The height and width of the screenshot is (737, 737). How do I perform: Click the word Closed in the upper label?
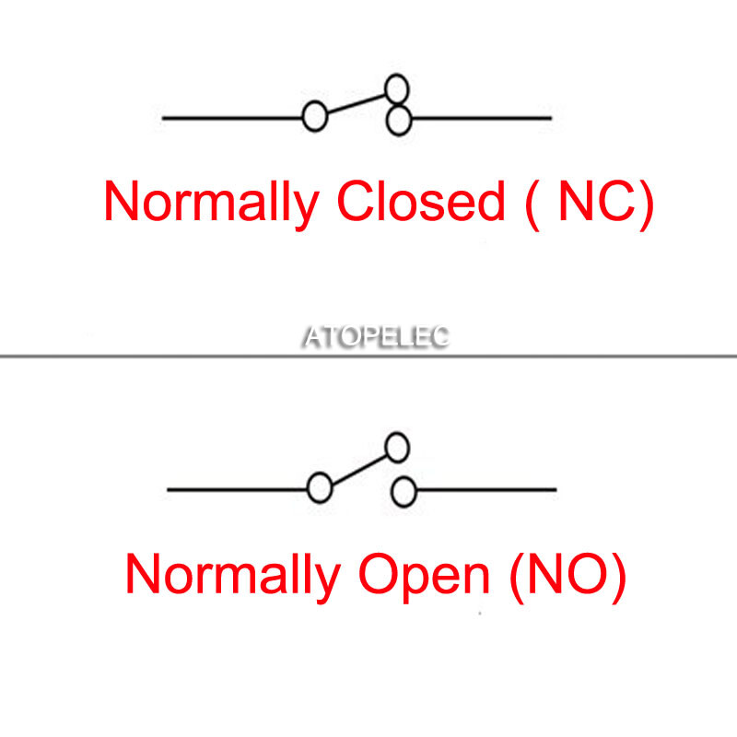421,200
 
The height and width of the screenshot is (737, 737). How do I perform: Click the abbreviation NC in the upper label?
597,201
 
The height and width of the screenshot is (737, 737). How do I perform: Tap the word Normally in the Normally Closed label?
212,205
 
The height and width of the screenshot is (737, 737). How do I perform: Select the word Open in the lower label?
425,577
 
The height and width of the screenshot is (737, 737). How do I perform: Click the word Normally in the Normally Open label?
233,578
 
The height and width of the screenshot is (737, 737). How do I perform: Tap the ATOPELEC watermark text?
376,336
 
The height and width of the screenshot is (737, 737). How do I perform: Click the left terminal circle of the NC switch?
315,116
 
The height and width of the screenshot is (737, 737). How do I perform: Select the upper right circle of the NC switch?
397,89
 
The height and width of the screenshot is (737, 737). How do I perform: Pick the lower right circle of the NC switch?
399,121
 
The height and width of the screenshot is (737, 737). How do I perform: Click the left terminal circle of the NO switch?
320,488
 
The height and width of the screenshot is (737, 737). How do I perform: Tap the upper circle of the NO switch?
397,448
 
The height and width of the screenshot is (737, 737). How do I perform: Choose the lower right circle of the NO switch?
404,492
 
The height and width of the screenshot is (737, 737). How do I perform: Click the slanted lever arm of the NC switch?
357,104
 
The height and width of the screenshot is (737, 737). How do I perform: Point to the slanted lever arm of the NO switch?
359,470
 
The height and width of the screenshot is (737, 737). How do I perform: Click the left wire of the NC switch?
232,118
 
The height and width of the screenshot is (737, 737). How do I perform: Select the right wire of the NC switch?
481,119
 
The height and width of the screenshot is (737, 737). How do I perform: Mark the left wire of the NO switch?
238,490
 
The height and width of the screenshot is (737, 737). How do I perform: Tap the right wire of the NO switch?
486,490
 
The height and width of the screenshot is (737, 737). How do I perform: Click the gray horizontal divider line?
368,357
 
